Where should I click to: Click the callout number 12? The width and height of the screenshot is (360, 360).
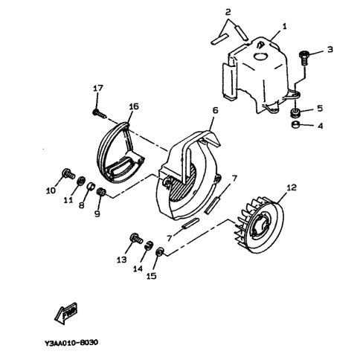(291, 187)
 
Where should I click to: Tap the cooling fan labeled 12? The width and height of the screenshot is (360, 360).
(260, 224)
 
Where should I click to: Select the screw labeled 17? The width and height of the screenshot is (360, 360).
(100, 113)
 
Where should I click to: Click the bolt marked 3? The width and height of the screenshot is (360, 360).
(304, 57)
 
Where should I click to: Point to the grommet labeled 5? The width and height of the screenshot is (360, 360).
(295, 113)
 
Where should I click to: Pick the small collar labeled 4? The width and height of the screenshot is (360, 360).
(295, 125)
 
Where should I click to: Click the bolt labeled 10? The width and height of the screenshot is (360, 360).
(68, 173)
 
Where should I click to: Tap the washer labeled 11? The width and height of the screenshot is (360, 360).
(81, 180)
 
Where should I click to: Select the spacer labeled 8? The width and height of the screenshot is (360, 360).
(91, 186)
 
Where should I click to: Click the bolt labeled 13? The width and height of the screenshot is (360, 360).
(136, 238)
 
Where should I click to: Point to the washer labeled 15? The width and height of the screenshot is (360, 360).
(160, 252)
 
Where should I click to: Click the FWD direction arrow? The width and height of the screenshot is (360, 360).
(66, 312)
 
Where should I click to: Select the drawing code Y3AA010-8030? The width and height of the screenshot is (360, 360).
(71, 343)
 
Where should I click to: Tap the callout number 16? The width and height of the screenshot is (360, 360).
(134, 107)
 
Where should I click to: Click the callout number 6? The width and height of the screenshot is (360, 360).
(215, 110)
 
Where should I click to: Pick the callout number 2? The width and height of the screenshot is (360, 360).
(228, 11)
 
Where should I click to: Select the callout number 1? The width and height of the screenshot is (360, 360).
(284, 26)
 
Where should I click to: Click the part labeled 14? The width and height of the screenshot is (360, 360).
(148, 245)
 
